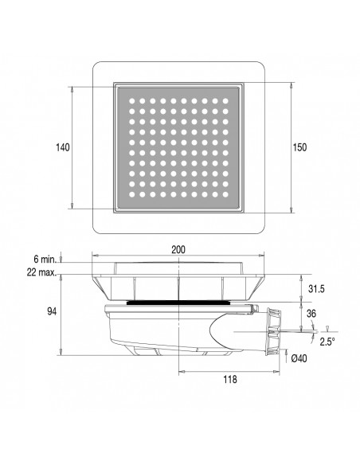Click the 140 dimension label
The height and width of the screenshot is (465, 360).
tap(64, 147)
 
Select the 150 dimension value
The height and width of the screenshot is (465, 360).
tap(300, 147)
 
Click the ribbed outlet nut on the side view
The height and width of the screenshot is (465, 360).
tap(274, 329)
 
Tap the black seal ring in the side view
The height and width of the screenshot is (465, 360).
tap(178, 303)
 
